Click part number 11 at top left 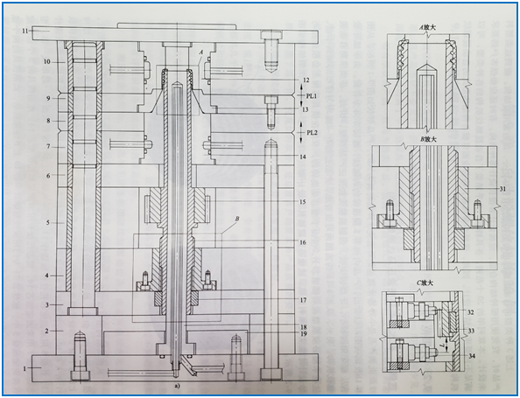click(27, 31)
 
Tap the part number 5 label click(49, 223)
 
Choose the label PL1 click(312, 94)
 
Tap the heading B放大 click(429, 138)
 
